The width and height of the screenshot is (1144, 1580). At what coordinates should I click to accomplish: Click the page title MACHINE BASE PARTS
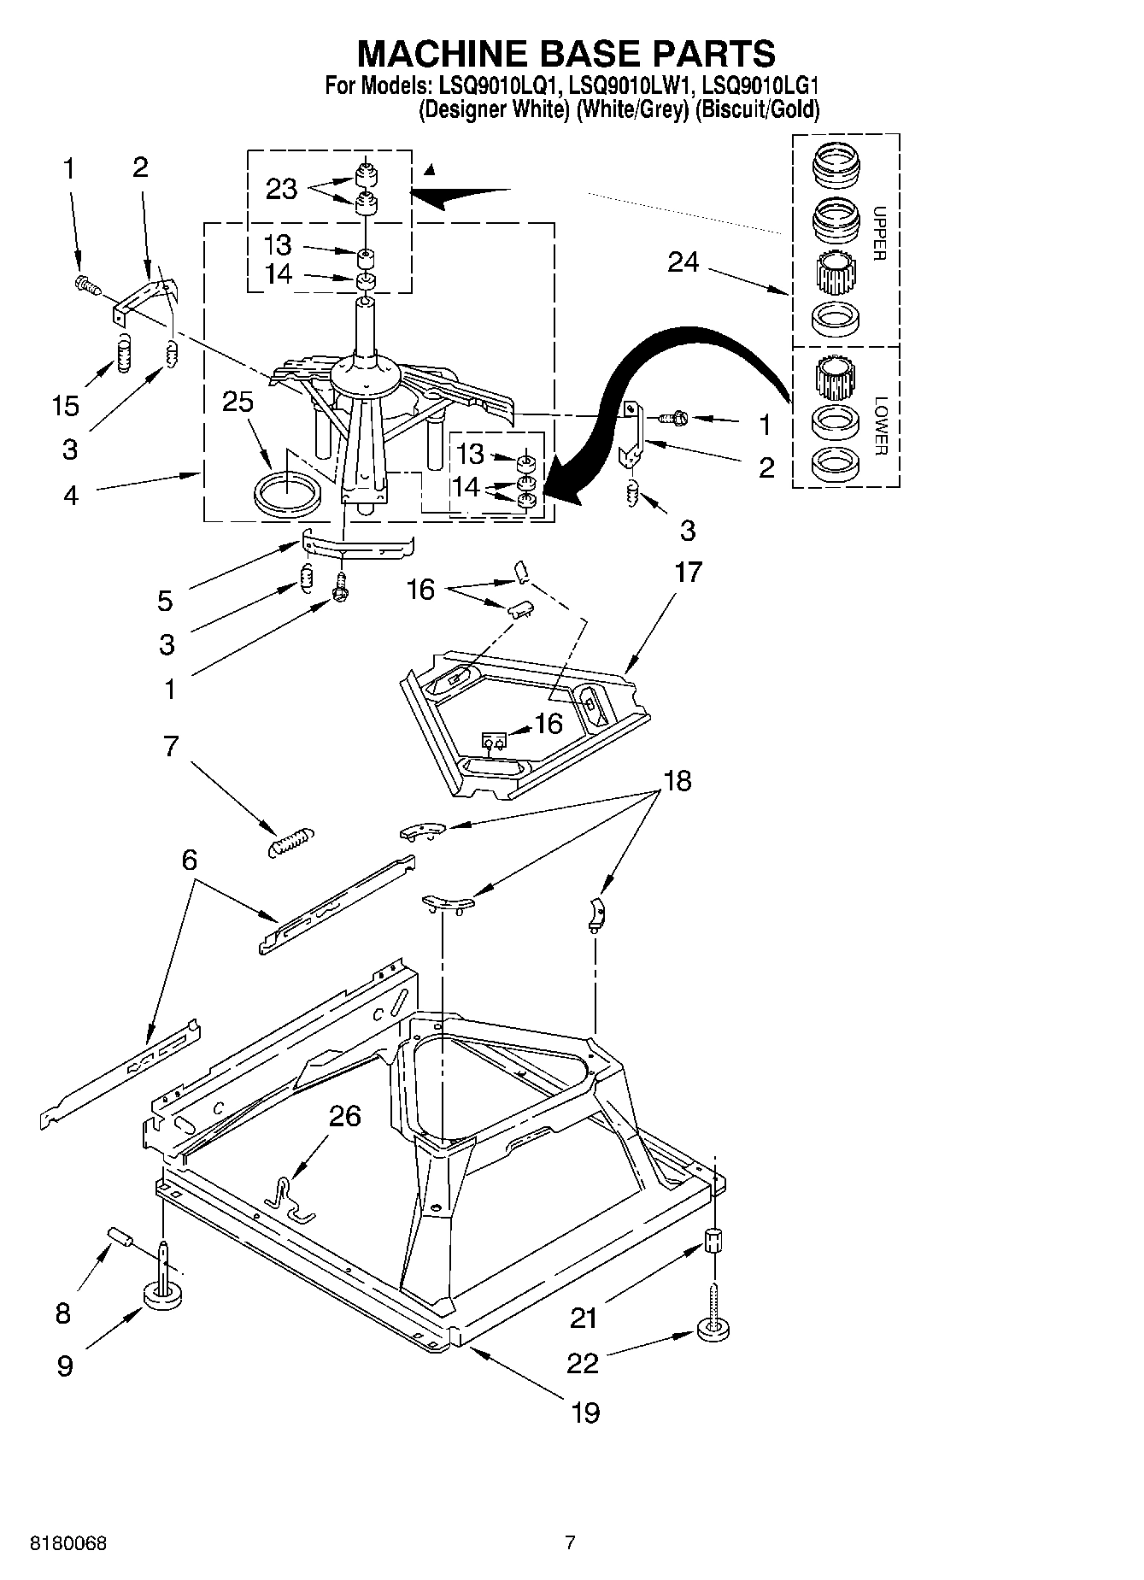tap(566, 53)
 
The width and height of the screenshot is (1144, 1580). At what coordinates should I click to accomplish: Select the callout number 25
tap(238, 402)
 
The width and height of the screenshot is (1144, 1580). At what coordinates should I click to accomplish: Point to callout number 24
tap(683, 262)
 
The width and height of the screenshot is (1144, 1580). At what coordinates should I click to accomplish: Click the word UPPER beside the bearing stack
tap(880, 233)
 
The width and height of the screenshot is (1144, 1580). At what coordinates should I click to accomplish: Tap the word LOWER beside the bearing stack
tap(880, 426)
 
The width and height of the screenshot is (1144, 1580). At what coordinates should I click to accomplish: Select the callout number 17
tap(689, 572)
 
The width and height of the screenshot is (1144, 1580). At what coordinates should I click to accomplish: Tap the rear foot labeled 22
tap(714, 1330)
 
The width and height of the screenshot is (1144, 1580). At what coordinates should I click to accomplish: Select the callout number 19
tap(585, 1412)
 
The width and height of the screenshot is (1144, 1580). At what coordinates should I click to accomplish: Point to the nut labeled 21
tap(714, 1240)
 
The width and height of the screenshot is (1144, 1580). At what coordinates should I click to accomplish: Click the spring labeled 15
tap(125, 352)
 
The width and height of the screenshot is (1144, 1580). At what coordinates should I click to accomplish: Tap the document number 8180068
tap(68, 1543)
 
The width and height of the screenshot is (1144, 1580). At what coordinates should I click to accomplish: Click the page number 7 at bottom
tap(570, 1543)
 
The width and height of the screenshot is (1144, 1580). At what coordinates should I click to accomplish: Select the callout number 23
tap(281, 189)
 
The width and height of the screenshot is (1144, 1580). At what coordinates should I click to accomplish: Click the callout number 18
tap(678, 780)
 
